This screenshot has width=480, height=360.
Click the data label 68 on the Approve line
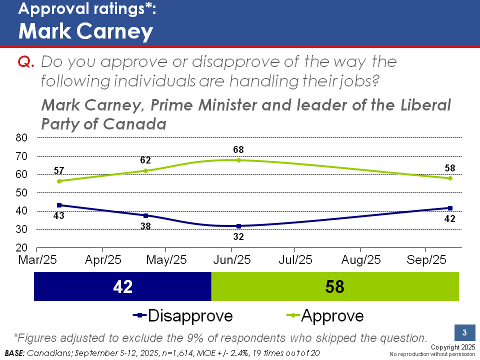click(x=238, y=149)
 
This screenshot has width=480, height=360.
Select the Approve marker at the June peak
click(x=238, y=160)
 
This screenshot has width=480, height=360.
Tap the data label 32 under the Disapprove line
click(x=238, y=237)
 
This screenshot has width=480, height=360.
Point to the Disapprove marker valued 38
click(x=145, y=215)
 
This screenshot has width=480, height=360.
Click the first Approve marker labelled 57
click(x=59, y=181)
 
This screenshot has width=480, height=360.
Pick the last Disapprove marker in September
click(x=450, y=208)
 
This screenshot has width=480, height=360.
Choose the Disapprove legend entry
click(x=183, y=316)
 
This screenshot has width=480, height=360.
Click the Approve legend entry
click(x=325, y=316)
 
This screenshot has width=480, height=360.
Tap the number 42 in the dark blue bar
click(x=122, y=286)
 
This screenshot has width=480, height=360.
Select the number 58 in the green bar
click(x=334, y=286)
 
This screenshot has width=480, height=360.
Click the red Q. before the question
click(x=25, y=62)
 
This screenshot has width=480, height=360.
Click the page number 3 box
click(x=464, y=333)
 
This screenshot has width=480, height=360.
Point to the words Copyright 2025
click(x=452, y=347)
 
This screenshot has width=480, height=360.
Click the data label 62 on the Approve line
click(x=145, y=160)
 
